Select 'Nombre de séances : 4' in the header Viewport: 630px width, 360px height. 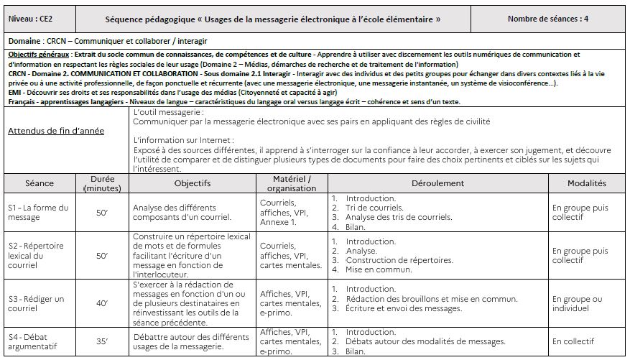(x=547, y=19)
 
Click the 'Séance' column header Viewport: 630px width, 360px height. (x=40, y=183)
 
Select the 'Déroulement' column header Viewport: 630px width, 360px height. (x=437, y=183)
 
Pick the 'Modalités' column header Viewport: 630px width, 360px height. (x=586, y=183)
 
